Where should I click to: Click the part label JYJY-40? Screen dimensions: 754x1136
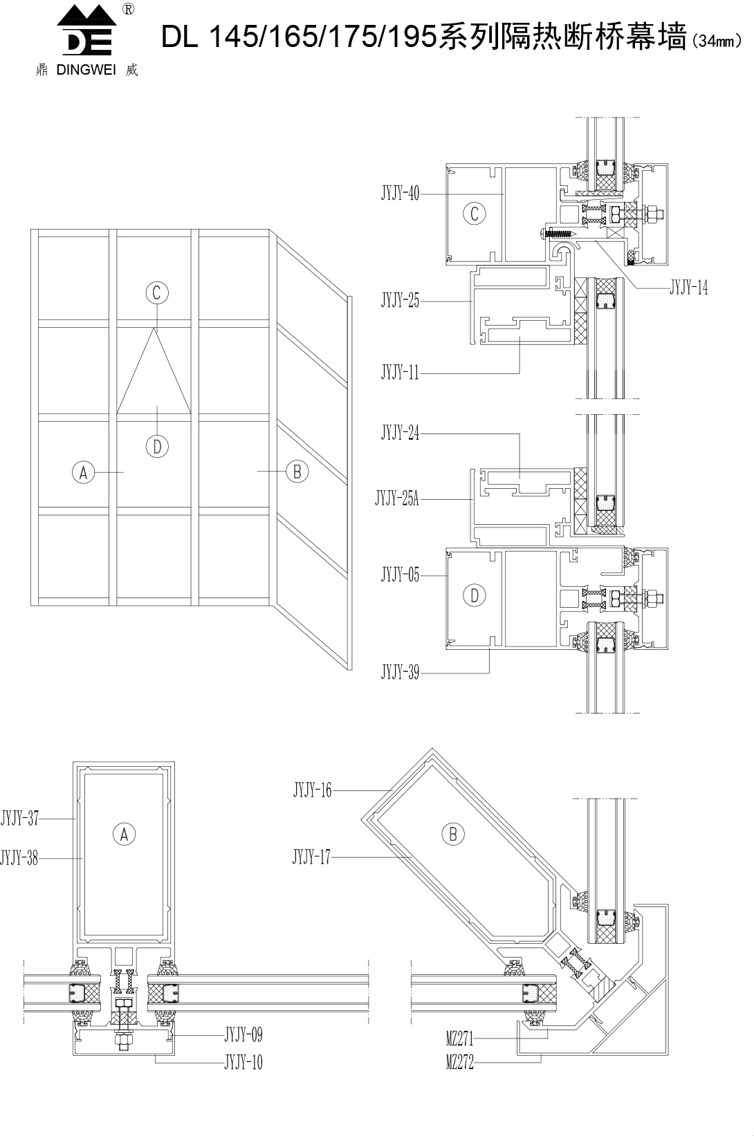pyautogui.click(x=400, y=193)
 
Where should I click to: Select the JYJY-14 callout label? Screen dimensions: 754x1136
pyautogui.click(x=688, y=288)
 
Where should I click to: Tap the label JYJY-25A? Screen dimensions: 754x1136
pyautogui.click(x=397, y=499)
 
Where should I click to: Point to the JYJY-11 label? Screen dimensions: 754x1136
pyautogui.click(x=400, y=373)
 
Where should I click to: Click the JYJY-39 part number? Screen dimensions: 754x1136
pyautogui.click(x=400, y=673)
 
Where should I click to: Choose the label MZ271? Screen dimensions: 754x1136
pyautogui.click(x=460, y=1039)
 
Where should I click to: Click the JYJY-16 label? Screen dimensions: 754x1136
pyautogui.click(x=312, y=790)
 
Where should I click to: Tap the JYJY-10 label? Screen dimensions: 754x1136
pyautogui.click(x=243, y=1062)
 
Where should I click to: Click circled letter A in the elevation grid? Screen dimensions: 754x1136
pyautogui.click(x=83, y=472)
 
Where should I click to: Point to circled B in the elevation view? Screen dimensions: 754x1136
pyautogui.click(x=297, y=472)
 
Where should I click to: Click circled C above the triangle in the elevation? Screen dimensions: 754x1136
pyautogui.click(x=157, y=292)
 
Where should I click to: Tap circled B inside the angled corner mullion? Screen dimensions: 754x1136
pyautogui.click(x=453, y=834)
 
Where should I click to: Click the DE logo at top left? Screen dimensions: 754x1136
pyautogui.click(x=86, y=30)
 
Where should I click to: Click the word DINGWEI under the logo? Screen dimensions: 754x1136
pyautogui.click(x=86, y=70)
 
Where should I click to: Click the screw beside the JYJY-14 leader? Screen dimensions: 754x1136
pyautogui.click(x=558, y=234)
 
